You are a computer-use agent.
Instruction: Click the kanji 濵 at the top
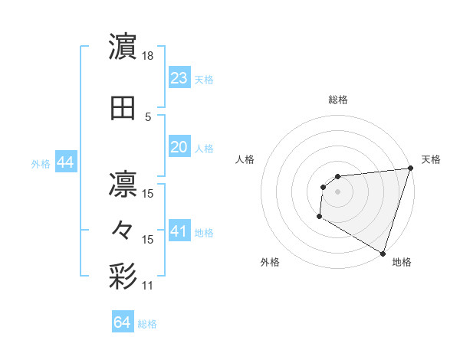[x=123, y=47]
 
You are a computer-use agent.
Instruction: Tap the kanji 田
[x=123, y=110]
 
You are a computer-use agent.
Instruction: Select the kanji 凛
[x=123, y=184]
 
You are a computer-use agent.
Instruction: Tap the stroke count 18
[x=149, y=57]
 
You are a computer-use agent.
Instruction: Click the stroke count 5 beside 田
[x=148, y=117]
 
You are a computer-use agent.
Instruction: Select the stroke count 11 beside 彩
[x=148, y=286]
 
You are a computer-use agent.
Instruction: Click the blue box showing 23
[x=179, y=77]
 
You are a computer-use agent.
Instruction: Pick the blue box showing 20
[x=179, y=147]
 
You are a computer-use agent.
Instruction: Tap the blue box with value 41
[x=179, y=231]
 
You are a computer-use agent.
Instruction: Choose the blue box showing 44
[x=64, y=162]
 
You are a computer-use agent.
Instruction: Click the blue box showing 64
[x=122, y=322]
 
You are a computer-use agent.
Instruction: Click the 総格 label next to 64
[x=147, y=324]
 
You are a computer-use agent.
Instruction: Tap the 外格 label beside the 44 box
[x=41, y=163]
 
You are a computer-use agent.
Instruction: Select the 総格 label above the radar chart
[x=338, y=100]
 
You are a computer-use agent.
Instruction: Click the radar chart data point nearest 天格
[x=410, y=169]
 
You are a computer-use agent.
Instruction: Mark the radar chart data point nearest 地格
[x=383, y=254]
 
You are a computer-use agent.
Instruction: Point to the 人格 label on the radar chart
[x=245, y=159]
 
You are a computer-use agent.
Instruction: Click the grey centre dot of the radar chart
[x=337, y=191]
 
